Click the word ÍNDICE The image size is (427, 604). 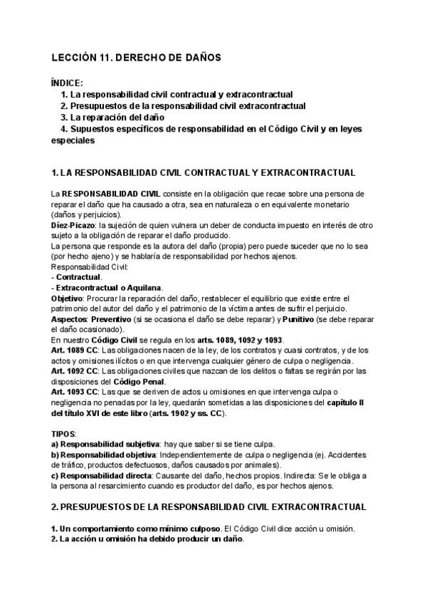pos(68,83)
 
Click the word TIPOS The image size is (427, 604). pos(63,433)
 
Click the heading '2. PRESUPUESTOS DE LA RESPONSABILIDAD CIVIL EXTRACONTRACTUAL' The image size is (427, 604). pos(209,507)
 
